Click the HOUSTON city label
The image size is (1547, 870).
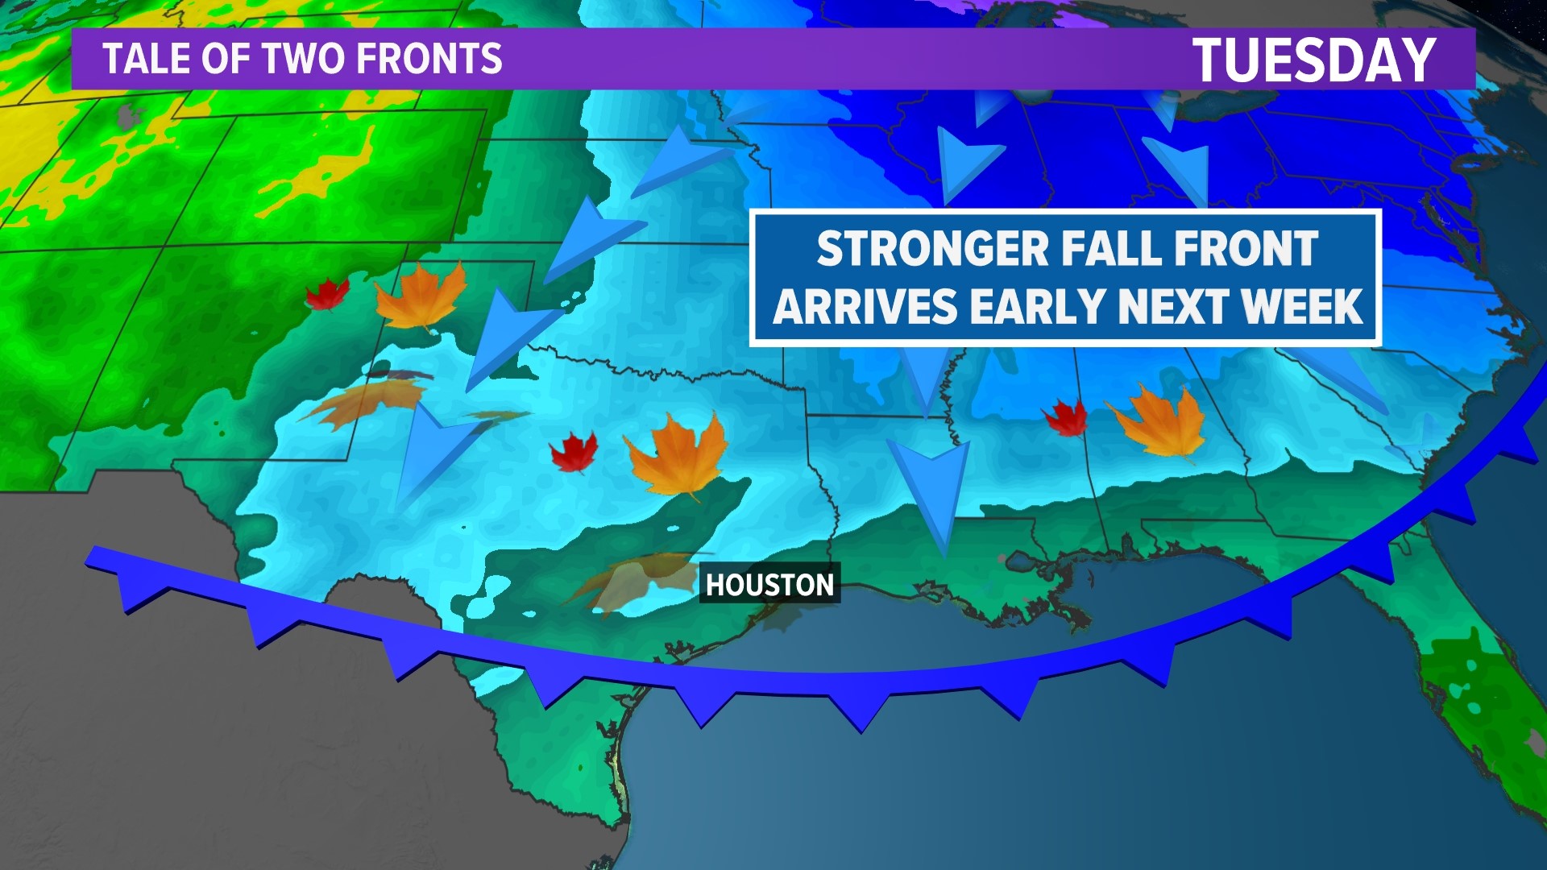click(769, 584)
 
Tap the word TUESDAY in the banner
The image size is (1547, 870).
click(1313, 60)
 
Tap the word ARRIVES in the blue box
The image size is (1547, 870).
click(866, 306)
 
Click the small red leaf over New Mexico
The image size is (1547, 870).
click(327, 295)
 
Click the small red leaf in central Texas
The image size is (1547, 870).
click(574, 452)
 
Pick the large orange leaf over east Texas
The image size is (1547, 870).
click(677, 456)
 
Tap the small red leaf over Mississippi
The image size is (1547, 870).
click(1066, 418)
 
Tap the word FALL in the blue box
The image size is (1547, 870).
click(1108, 248)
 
